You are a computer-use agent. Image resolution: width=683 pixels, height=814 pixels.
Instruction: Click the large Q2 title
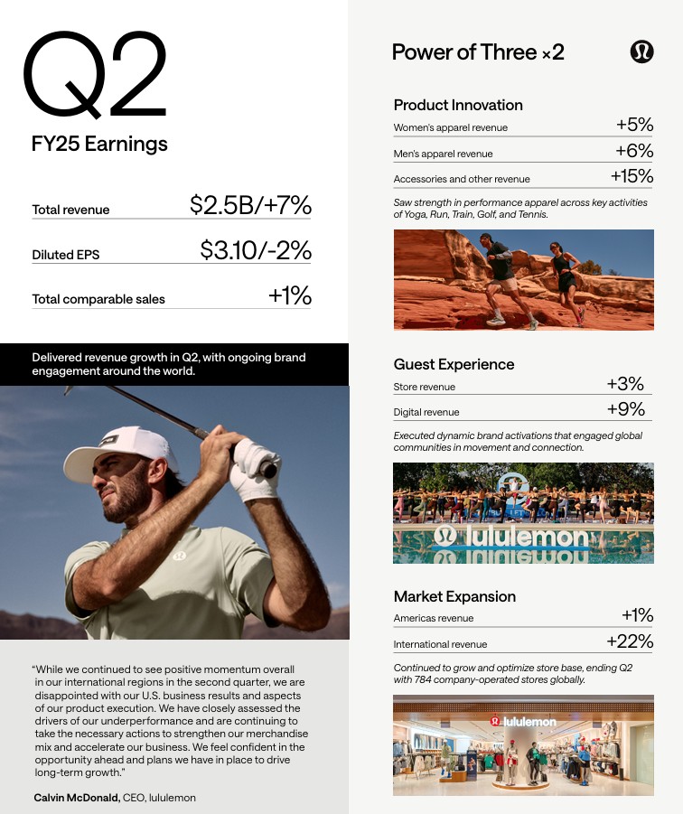coord(95,76)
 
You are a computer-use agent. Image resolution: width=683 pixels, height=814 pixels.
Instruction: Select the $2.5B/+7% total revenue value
coord(250,205)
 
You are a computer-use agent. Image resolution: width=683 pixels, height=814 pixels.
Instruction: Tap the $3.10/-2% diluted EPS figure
coord(256,250)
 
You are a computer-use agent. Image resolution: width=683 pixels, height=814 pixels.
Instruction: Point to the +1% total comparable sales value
coord(289,295)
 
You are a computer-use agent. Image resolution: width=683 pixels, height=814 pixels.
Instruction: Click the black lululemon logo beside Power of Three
coord(641,51)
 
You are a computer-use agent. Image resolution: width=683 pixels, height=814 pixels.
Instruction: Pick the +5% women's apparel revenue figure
coord(634,125)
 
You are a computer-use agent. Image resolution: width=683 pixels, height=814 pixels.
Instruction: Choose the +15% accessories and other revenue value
coord(632,176)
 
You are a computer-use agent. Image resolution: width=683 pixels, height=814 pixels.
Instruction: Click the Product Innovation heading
coord(458,105)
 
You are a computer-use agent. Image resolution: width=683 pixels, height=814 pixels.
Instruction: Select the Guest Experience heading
coord(454,364)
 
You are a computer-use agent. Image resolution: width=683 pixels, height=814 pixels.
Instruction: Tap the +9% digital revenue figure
coord(626,409)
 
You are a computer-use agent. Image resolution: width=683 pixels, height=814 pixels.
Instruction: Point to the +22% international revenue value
coord(630,641)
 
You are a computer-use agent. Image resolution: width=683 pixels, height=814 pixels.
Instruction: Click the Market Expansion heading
coord(454,596)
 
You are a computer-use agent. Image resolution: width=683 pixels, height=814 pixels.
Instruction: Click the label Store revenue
coord(425,387)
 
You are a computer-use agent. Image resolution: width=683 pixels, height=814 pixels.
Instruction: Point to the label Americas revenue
coord(434,619)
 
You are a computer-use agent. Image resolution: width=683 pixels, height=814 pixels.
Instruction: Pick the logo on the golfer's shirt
coord(179,555)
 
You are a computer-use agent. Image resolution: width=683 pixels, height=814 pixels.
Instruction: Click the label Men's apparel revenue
coord(443,154)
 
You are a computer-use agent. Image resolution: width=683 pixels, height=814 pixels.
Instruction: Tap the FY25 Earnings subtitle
coord(99,144)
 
